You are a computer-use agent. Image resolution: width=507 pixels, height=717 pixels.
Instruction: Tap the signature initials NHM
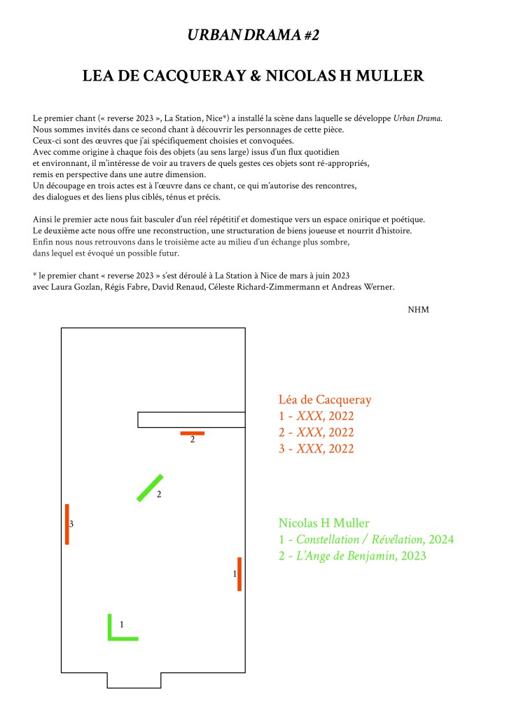point(418,309)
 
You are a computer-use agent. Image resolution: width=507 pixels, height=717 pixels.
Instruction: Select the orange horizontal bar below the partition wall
point(193,433)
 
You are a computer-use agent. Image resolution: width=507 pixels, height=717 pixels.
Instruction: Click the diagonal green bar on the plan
point(150,488)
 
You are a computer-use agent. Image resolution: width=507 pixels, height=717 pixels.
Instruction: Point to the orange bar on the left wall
point(67,524)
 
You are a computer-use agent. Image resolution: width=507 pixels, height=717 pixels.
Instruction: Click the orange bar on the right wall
point(239,574)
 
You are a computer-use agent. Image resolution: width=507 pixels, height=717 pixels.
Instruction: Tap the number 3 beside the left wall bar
point(72,524)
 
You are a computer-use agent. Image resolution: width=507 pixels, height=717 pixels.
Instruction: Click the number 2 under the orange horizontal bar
point(193,440)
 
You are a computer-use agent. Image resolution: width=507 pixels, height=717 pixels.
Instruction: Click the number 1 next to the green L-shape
point(122,624)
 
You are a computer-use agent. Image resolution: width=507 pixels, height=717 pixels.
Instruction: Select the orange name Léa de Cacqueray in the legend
point(325,400)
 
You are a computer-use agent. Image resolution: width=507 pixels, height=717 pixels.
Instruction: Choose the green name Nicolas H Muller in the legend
point(324,523)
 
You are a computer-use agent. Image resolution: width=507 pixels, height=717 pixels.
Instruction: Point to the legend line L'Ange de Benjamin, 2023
point(352,556)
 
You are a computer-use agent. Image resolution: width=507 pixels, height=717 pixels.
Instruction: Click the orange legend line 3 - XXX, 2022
point(316,449)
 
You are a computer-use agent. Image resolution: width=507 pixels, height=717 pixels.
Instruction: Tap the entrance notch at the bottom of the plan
point(134,679)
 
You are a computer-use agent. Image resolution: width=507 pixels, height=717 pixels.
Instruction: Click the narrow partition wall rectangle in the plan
point(191,419)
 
